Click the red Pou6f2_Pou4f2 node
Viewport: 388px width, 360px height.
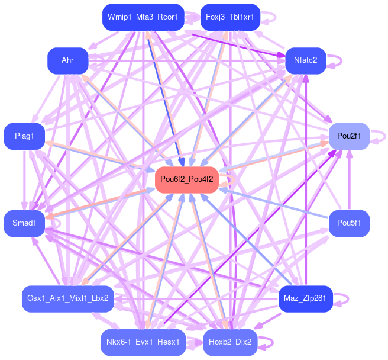pos(186,179)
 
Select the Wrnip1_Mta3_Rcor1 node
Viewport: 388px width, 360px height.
pos(143,17)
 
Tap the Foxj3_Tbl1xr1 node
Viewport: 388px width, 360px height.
pos(229,17)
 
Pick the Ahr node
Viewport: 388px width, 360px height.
pos(67,60)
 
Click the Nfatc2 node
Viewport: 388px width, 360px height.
pos(305,60)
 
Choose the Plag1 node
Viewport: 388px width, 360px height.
pos(24,136)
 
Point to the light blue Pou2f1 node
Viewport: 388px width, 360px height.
pos(349,136)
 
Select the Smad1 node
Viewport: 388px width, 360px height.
pos(24,223)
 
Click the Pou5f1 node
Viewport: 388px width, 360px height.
pos(349,223)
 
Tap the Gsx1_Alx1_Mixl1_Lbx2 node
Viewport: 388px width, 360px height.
pos(67,298)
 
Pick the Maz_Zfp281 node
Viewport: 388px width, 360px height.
pos(305,298)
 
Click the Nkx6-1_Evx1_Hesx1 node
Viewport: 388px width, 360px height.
pos(143,342)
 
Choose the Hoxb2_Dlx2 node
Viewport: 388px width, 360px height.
pos(229,342)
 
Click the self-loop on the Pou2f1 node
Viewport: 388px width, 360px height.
pos(382,136)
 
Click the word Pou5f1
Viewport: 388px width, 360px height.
pos(349,223)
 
